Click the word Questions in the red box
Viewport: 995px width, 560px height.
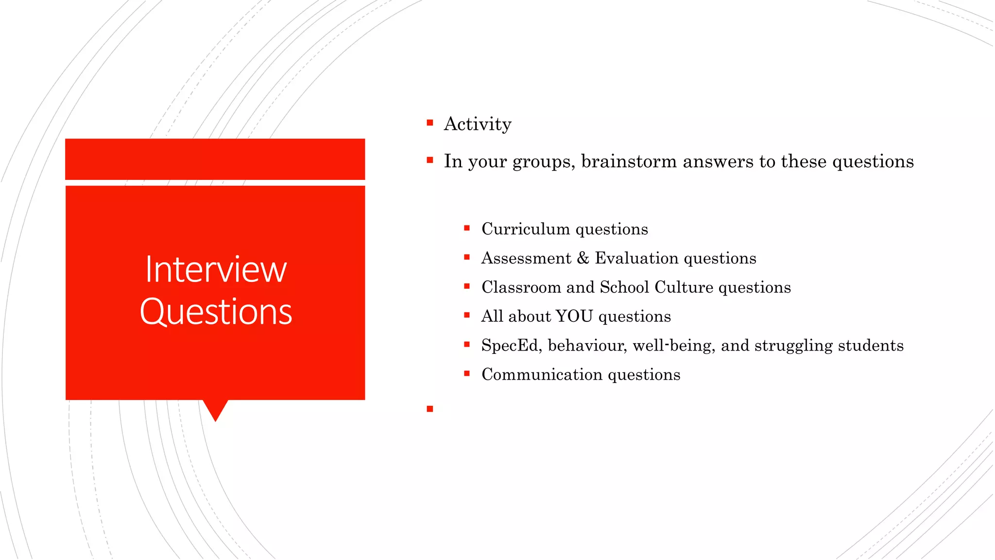point(216,312)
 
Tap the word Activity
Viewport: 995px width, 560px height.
point(477,124)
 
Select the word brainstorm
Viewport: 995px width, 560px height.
point(629,161)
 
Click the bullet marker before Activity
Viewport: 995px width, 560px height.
point(429,123)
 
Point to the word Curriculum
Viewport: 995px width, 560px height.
point(525,229)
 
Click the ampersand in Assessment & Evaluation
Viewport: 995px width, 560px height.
point(583,258)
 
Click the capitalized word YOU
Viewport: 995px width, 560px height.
point(574,316)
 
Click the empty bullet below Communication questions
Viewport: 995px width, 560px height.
point(429,409)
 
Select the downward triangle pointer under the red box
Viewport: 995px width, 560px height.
point(215,409)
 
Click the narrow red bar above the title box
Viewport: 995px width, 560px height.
point(215,159)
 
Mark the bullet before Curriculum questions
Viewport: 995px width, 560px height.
point(466,228)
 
